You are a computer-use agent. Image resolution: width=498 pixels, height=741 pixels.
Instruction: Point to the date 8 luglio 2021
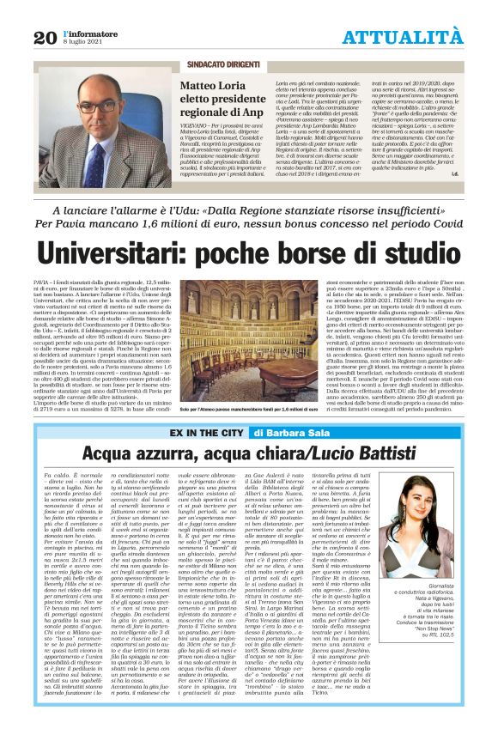[x=84, y=41]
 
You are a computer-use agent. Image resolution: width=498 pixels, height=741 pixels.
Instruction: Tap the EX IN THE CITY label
[x=206, y=433]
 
